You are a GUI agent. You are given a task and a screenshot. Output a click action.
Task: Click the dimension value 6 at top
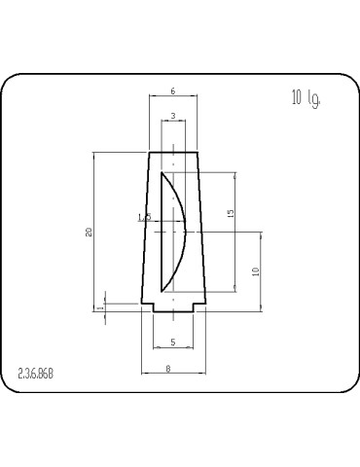(x=172, y=90)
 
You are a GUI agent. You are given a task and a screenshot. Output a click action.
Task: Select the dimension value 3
(x=172, y=116)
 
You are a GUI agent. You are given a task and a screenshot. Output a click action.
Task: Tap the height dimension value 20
(x=89, y=232)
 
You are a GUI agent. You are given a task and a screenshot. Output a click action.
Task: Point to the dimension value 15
(x=230, y=212)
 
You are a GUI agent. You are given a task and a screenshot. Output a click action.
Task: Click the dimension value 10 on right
(x=255, y=272)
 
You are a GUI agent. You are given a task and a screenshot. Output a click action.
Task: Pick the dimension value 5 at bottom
(x=172, y=342)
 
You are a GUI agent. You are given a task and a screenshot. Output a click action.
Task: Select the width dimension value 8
(x=168, y=368)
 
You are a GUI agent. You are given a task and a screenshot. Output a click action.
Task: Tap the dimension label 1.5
(x=146, y=218)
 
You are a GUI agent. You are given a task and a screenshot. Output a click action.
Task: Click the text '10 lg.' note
(x=305, y=98)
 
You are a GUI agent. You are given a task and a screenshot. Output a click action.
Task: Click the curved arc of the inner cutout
(x=181, y=232)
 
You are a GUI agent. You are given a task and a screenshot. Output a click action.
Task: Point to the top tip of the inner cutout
(x=162, y=174)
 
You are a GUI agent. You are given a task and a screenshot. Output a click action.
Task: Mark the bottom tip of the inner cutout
(x=162, y=291)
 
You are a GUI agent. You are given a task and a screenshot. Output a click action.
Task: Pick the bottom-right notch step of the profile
(x=198, y=307)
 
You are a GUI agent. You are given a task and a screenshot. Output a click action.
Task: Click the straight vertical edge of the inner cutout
(x=161, y=233)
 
